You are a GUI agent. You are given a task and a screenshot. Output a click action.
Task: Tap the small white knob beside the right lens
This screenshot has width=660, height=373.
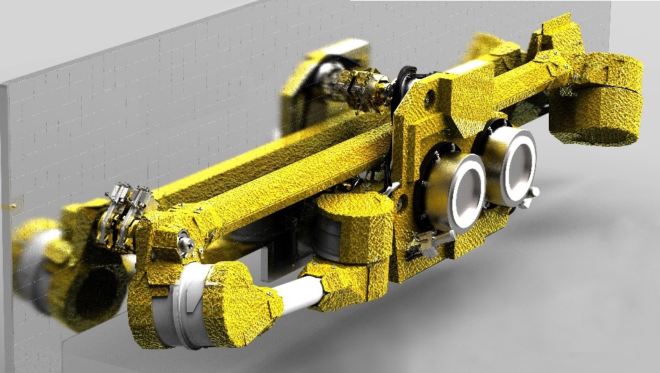(x=534, y=192)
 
